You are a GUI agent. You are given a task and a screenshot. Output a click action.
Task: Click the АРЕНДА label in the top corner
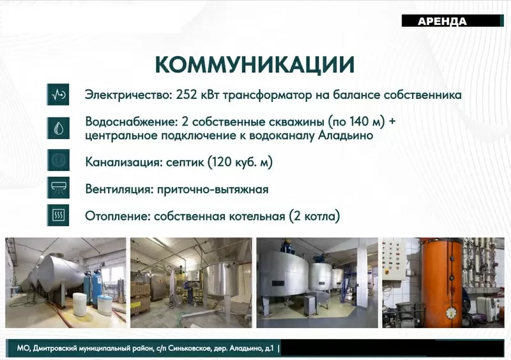pos(442,21)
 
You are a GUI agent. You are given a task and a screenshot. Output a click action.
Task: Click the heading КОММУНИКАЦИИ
pos(255,65)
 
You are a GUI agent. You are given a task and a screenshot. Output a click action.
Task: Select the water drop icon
pos(57,128)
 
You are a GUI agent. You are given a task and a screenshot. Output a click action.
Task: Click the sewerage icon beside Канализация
pos(57,161)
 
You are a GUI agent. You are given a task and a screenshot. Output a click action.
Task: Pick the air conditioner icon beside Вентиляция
pos(57,189)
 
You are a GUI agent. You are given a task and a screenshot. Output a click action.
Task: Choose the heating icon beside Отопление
pos(57,216)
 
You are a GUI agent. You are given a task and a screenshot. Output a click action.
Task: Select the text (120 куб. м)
pos(240,162)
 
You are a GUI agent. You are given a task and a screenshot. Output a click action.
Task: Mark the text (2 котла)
pos(314,216)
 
